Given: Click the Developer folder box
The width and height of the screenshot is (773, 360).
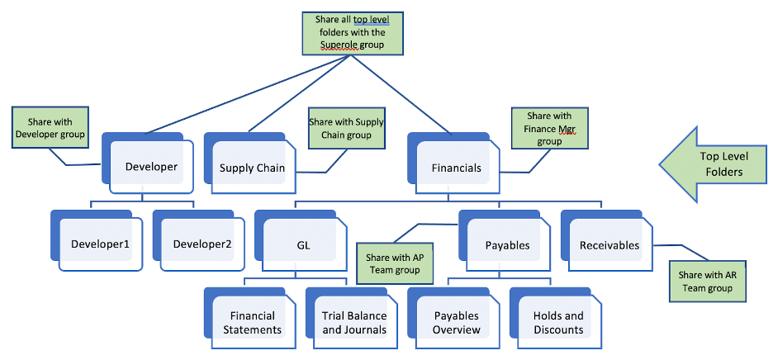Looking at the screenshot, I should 151,166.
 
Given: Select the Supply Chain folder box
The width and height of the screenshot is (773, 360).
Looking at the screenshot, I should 253,168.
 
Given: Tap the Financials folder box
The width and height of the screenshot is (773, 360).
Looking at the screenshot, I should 456,168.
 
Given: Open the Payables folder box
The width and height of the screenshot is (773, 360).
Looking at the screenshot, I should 507,244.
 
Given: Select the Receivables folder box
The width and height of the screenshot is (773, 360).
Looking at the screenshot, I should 609,244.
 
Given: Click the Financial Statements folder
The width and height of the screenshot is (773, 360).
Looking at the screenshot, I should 253,322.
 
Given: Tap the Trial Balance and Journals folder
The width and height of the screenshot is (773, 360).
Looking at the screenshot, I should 354,322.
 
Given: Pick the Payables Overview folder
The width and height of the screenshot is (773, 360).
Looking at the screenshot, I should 457,322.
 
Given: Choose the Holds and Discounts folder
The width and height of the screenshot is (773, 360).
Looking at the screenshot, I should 557,322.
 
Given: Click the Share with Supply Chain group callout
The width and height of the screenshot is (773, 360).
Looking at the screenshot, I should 346,128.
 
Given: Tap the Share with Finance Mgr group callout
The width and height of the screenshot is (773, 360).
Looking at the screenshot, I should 549,128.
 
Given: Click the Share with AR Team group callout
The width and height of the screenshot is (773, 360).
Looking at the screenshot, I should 705,281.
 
